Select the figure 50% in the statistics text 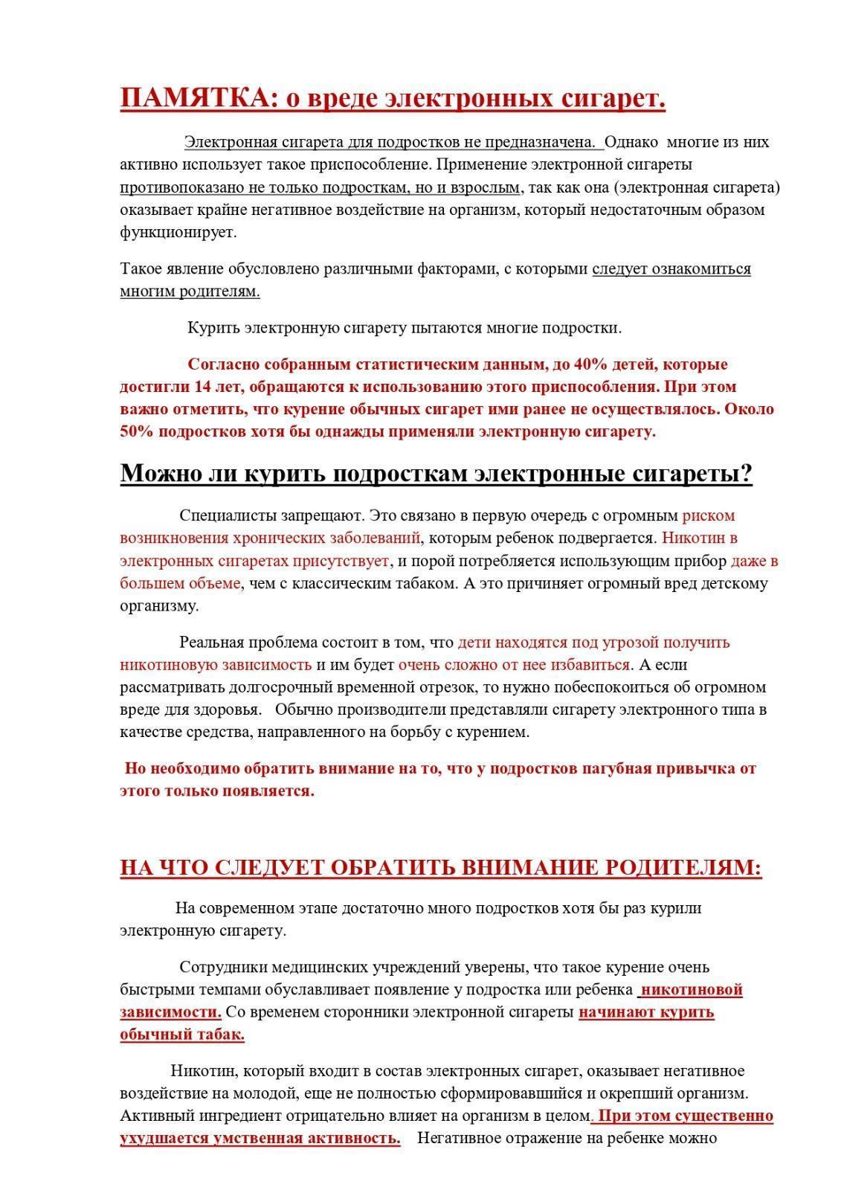[x=137, y=431]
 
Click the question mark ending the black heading [x=746, y=473]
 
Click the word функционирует [x=178, y=231]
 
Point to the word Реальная [x=210, y=642]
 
